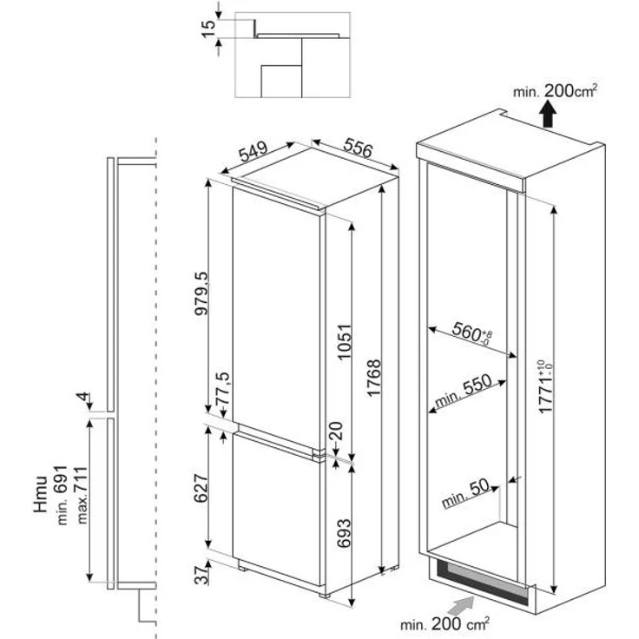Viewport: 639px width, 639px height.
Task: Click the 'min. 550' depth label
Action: pos(462,392)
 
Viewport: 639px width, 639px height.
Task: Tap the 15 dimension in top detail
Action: pos(207,26)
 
